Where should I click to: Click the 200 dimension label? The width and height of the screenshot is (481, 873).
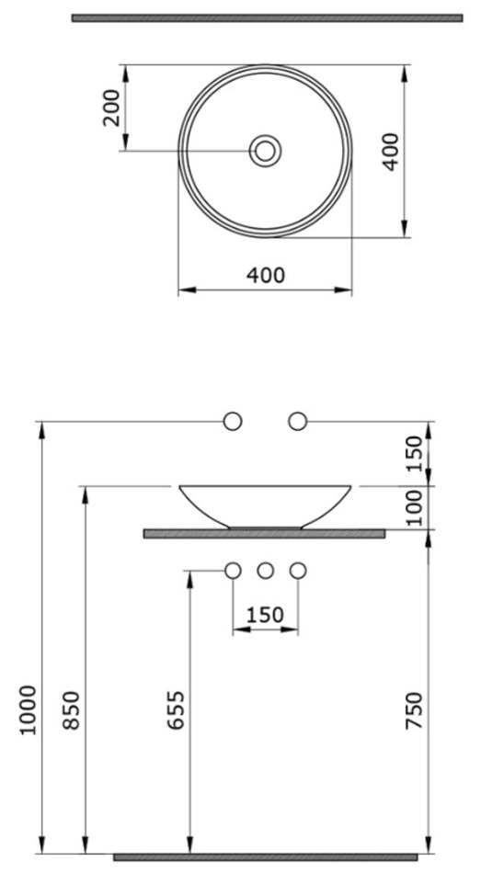[x=112, y=108]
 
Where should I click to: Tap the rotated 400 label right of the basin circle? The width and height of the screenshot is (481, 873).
[x=391, y=152]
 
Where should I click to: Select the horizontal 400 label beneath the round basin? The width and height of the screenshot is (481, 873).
[x=265, y=275]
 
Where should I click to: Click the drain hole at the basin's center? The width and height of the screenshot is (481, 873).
[x=265, y=151]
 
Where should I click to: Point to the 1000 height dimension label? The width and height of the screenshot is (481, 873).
[x=29, y=709]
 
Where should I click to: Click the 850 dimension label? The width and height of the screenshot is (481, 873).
[x=71, y=709]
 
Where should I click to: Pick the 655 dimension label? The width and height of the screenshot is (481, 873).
[x=176, y=709]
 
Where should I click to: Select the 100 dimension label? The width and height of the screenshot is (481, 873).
[x=414, y=508]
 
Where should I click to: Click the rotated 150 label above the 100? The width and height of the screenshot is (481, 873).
[x=414, y=454]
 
